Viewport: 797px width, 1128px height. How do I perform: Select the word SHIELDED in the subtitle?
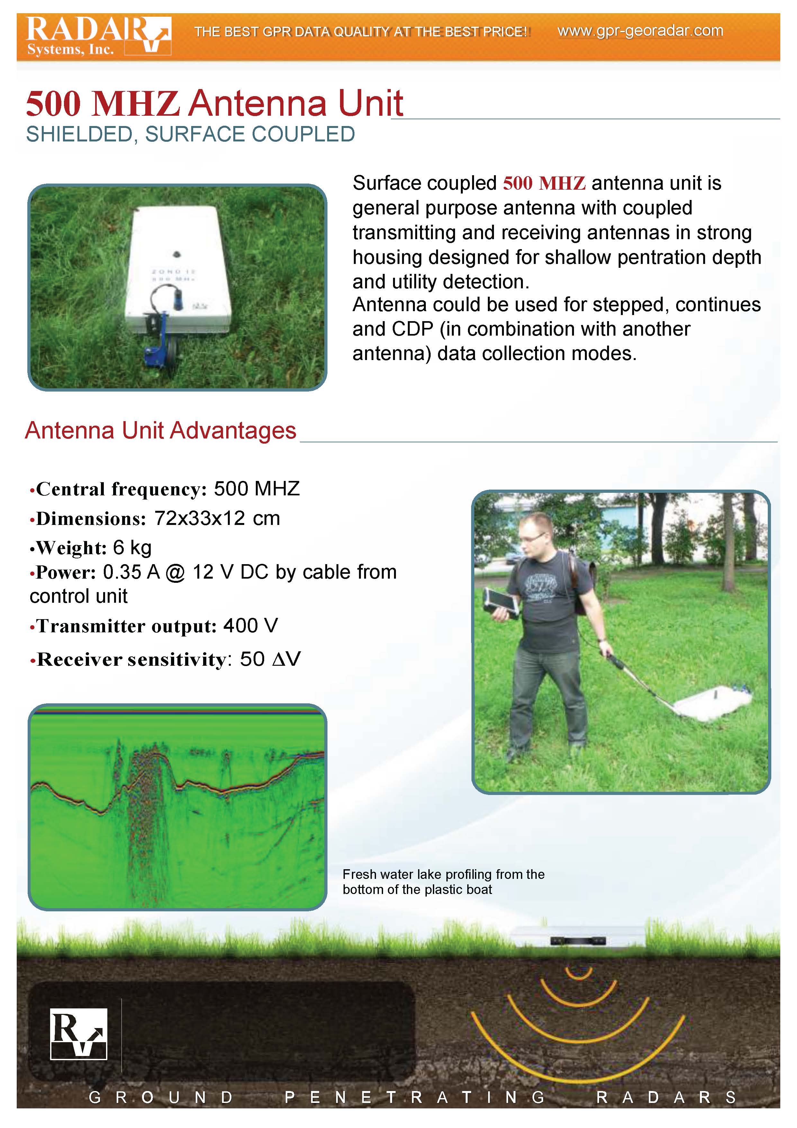tap(82, 134)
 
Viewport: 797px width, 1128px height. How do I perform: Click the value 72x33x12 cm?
tap(217, 518)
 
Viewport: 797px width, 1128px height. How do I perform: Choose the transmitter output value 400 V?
tap(250, 626)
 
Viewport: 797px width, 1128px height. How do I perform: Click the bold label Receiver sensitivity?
tap(132, 659)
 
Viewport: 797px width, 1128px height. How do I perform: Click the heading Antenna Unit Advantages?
tap(161, 430)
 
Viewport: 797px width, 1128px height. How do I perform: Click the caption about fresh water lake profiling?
tap(443, 882)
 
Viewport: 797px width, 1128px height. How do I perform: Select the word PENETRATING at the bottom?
tap(415, 1097)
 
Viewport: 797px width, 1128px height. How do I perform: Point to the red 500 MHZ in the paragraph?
tap(544, 183)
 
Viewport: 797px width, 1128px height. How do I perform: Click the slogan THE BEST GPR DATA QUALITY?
tap(361, 32)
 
